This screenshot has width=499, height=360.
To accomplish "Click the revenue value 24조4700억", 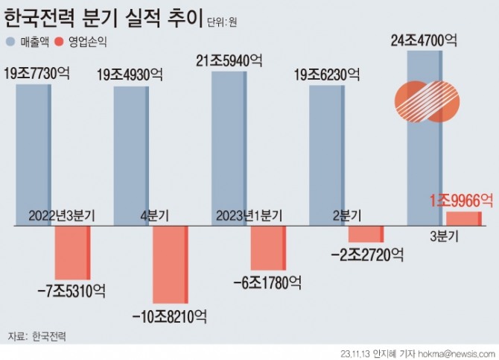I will coord(423,42).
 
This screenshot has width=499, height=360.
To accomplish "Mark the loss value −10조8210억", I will coord(168,316).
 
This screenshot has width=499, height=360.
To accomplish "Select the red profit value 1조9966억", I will coord(462,200).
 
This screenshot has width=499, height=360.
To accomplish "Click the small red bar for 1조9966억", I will coord(463,218).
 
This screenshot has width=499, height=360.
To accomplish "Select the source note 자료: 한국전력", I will coord(37,337).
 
